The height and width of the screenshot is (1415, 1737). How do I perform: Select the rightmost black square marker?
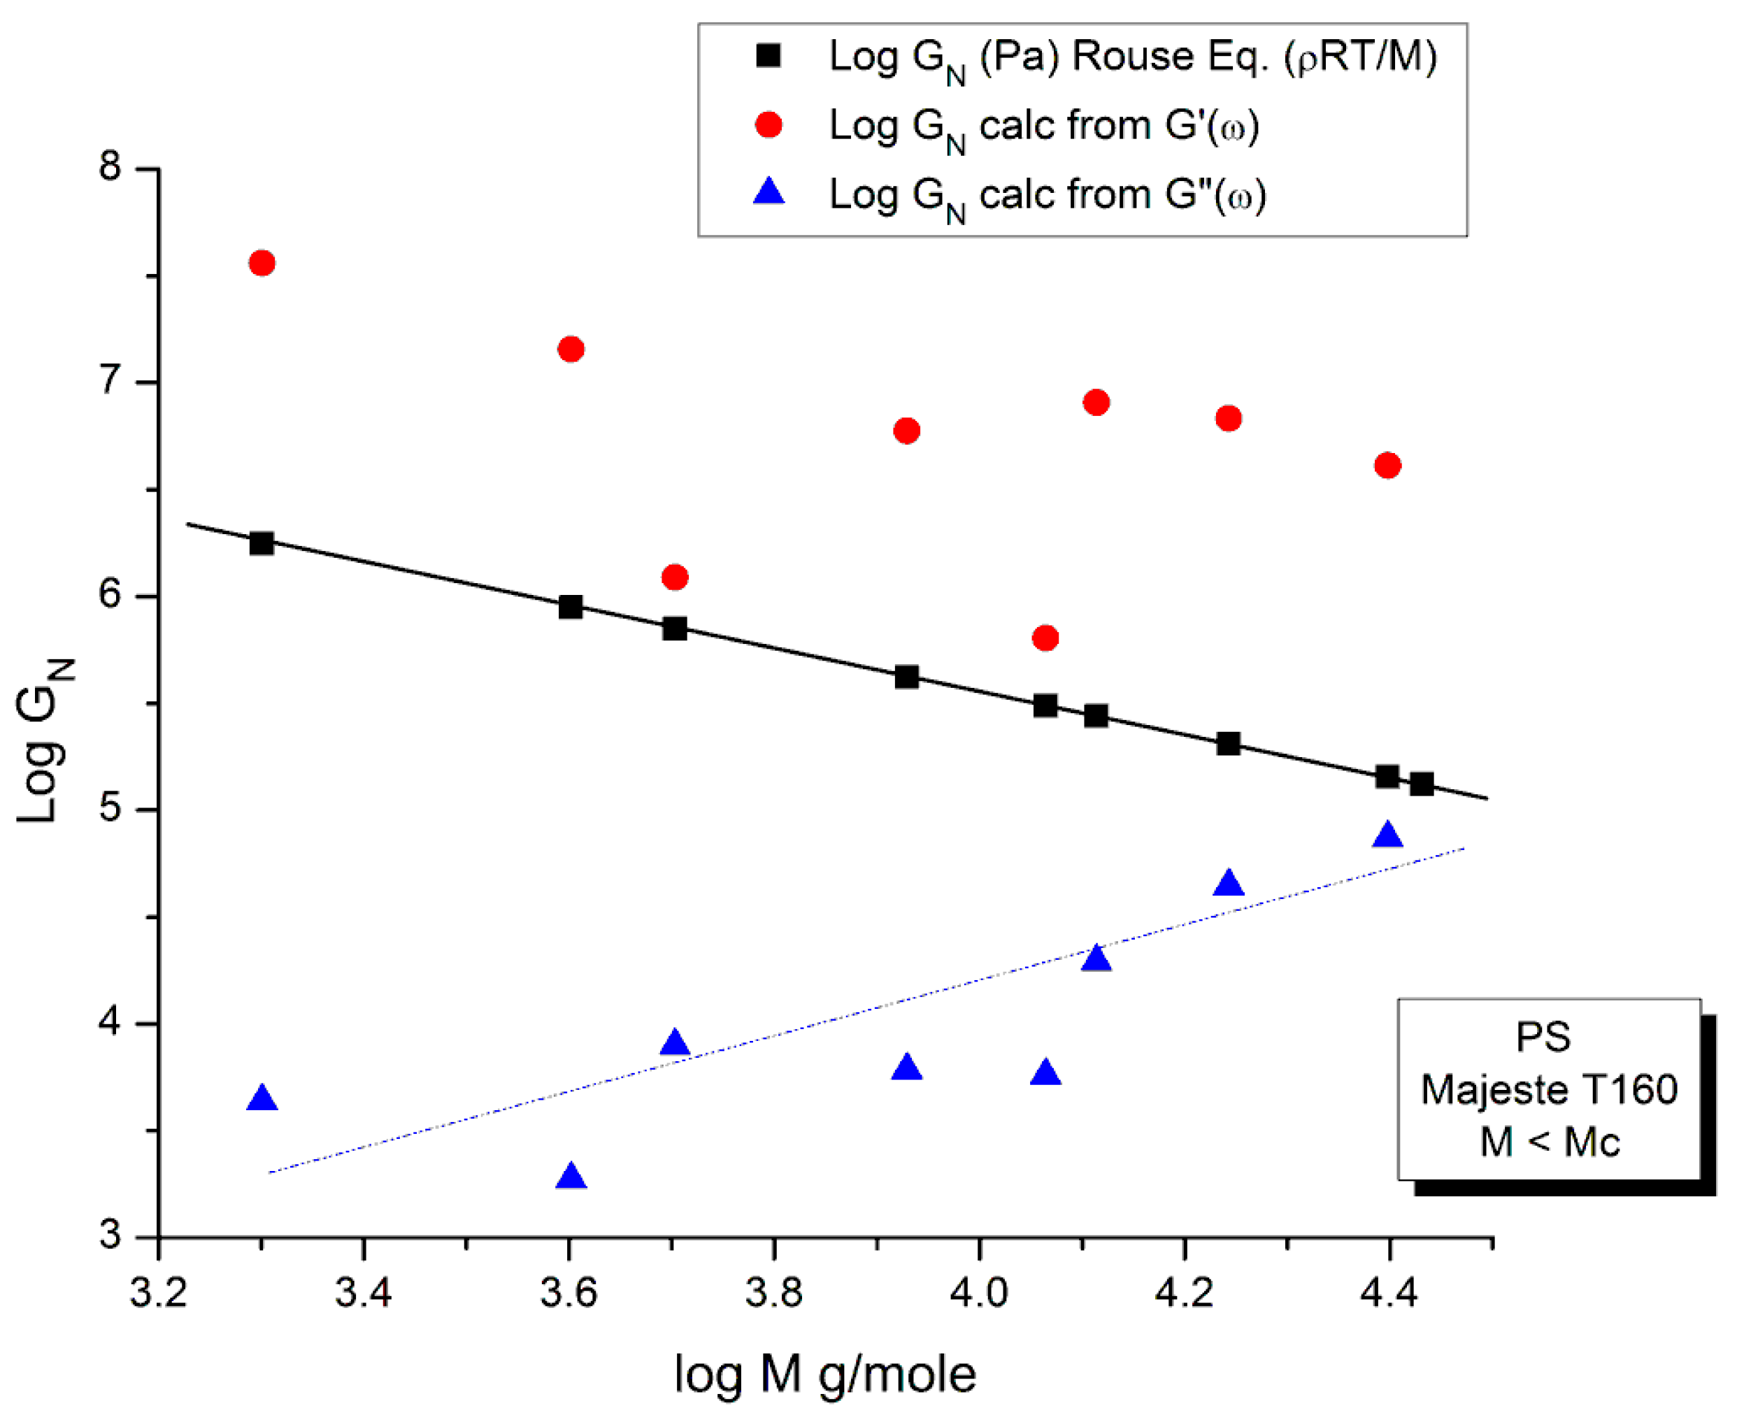1422,785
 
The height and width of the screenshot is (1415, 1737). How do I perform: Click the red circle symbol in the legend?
769,124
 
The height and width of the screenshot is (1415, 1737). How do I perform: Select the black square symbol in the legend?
769,55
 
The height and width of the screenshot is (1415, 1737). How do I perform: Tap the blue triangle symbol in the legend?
769,193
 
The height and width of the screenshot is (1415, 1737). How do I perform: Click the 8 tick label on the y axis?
110,166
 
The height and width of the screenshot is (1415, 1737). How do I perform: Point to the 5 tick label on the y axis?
110,807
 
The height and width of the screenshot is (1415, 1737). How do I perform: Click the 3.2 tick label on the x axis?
159,1293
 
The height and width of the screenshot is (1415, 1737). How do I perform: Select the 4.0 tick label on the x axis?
979,1293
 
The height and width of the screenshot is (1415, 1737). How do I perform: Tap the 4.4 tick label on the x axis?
1389,1293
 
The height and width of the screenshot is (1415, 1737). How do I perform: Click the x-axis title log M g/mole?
825,1374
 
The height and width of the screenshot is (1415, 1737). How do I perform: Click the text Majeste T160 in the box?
1549,1090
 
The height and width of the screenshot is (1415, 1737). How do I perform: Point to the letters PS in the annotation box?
1543,1037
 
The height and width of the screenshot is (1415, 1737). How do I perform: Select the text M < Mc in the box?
1549,1142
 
